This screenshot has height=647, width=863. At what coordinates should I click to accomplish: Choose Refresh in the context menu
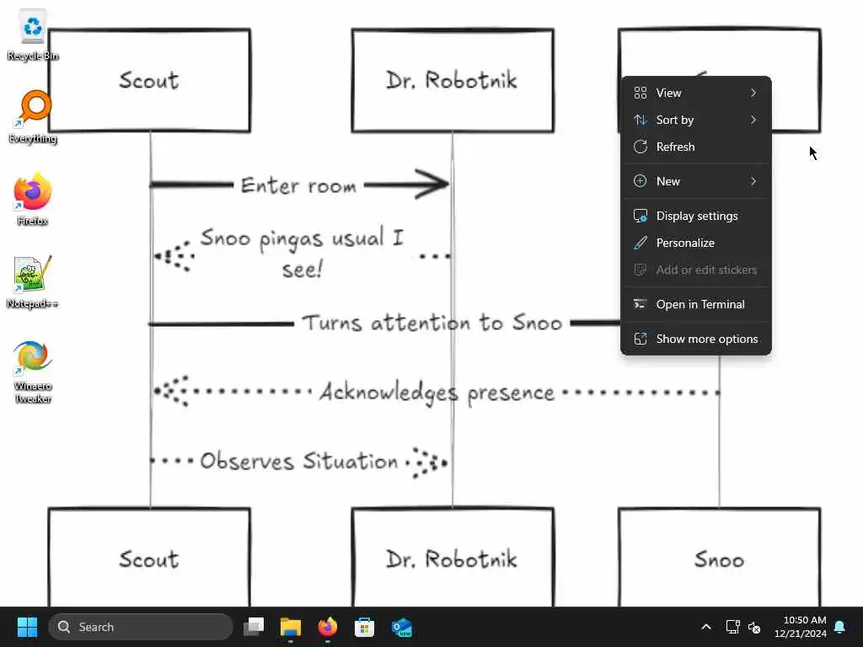(675, 147)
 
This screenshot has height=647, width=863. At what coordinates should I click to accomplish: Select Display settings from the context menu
(696, 216)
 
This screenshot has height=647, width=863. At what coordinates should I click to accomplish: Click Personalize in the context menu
(684, 243)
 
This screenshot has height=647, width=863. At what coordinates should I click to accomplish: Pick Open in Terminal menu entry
(700, 304)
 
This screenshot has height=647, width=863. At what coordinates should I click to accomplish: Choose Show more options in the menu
(706, 339)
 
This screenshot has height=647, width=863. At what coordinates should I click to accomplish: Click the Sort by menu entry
(674, 120)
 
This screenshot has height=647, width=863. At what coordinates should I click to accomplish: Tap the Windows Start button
(28, 627)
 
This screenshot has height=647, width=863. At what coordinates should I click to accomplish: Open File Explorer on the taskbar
(291, 627)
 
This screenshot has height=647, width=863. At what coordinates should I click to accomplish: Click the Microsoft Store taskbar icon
(364, 627)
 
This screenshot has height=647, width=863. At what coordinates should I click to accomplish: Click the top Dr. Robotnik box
(453, 81)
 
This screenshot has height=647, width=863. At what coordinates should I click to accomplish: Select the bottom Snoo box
(719, 558)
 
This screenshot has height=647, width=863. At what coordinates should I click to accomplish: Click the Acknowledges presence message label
(437, 393)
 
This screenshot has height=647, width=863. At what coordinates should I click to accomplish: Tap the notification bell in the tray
(839, 627)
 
